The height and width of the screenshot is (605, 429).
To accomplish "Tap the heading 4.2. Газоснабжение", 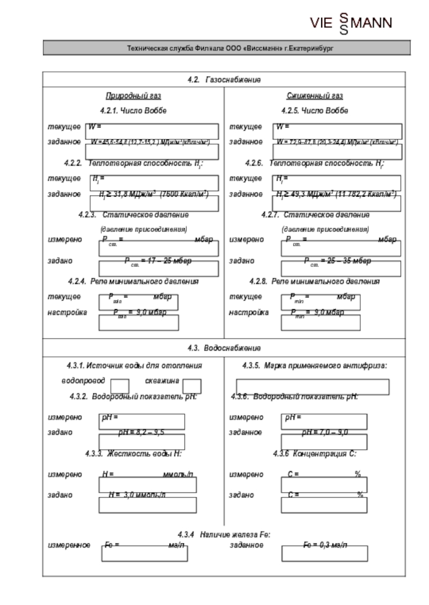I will tap(224, 80).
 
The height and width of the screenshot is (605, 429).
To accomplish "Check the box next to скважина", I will tap(191, 386).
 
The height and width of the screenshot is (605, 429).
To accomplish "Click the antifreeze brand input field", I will tap(313, 386).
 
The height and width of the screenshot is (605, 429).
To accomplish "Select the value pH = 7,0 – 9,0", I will tap(325, 432).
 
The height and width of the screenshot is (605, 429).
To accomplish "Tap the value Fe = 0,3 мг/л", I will tap(325, 545).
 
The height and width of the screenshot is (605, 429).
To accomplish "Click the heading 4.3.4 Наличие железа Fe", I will tap(224, 534).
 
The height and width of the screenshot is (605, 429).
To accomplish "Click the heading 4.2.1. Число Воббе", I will tap(133, 110).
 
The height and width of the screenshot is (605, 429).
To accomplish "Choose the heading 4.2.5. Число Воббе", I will tap(314, 110).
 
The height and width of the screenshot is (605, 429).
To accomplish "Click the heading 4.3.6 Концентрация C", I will tap(314, 454).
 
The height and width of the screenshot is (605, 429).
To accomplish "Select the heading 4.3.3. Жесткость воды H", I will tap(133, 454).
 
